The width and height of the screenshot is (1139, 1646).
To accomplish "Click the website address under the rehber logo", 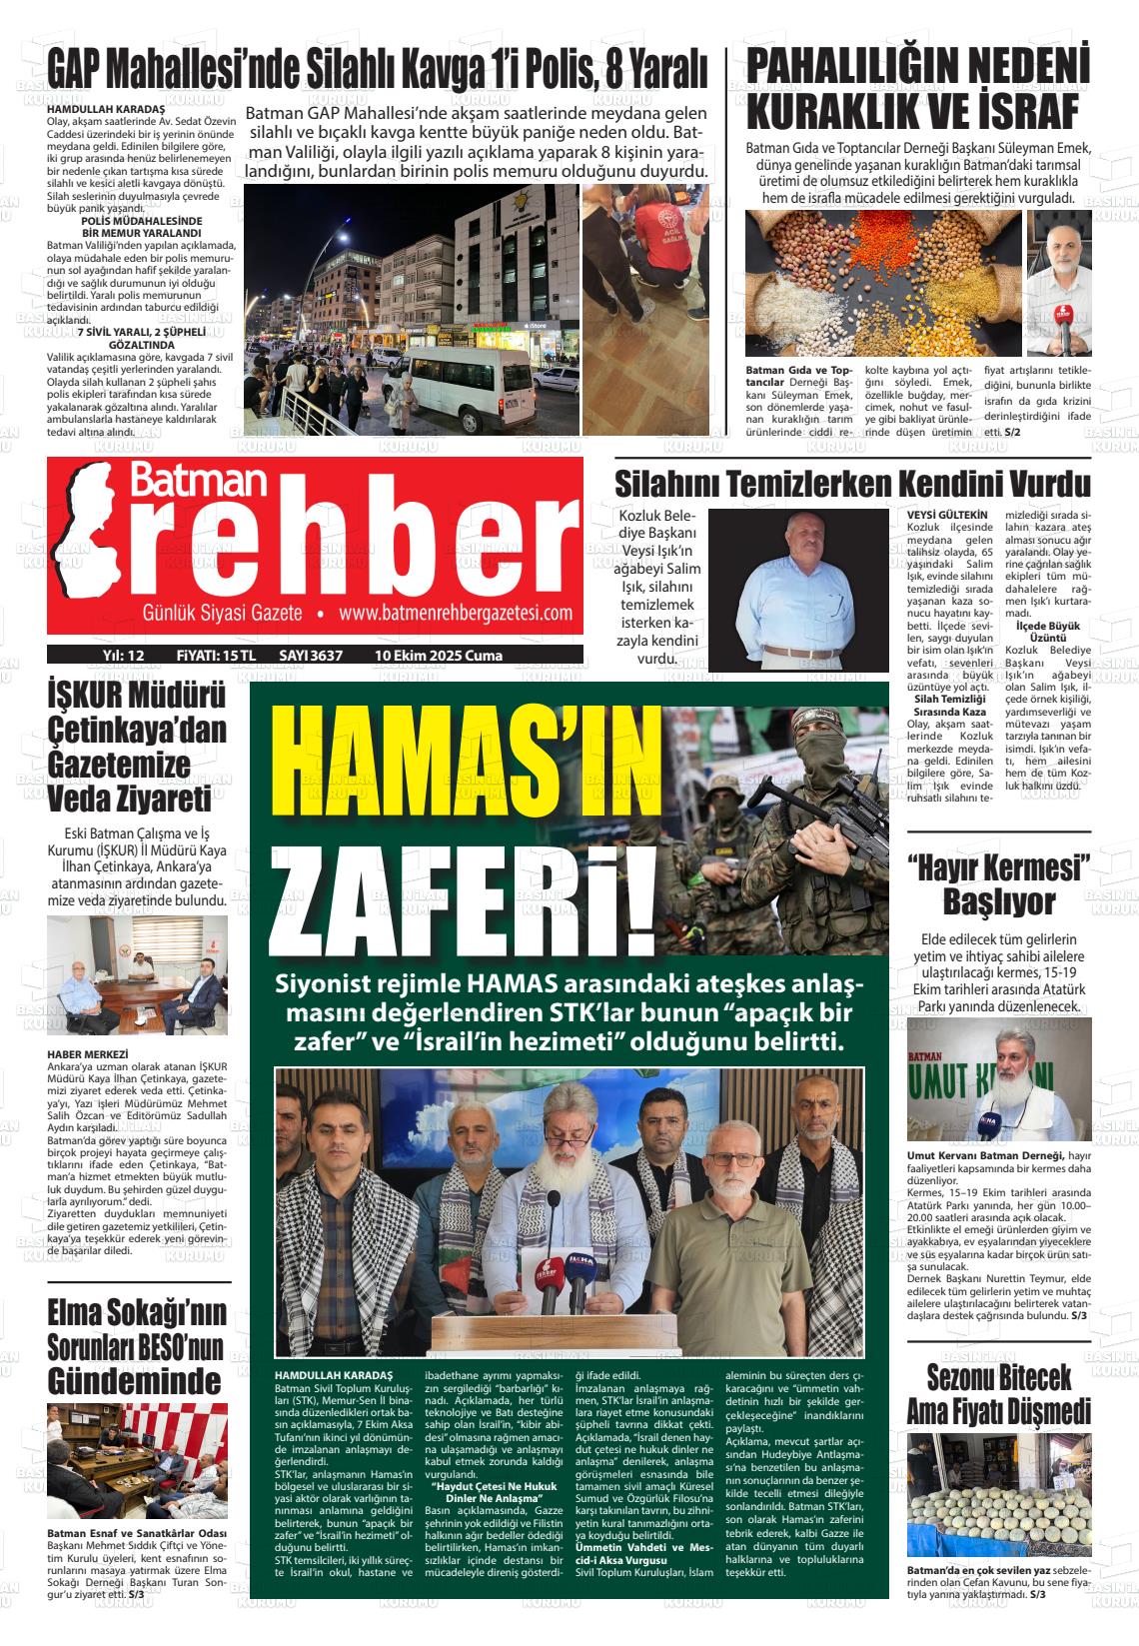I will pyautogui.click(x=456, y=613).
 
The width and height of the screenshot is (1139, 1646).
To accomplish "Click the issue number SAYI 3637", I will pyautogui.click(x=311, y=656).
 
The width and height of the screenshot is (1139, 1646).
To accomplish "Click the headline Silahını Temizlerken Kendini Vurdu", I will pyautogui.click(x=851, y=484).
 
